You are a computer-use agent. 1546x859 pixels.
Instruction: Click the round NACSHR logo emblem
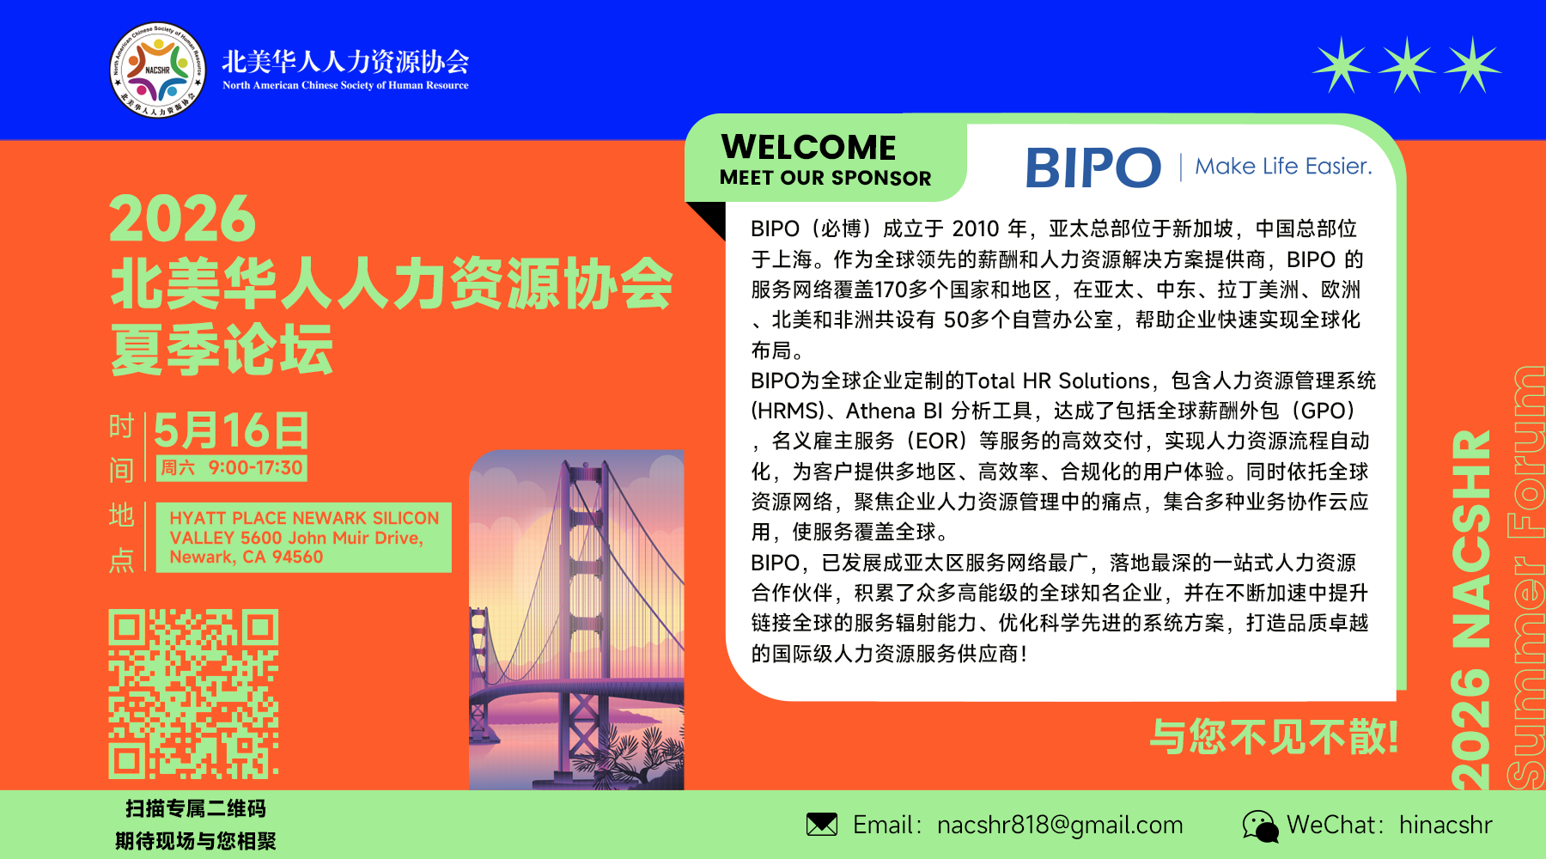(158, 70)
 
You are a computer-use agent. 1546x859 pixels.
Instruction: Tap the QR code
(193, 693)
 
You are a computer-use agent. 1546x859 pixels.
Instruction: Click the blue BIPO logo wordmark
(1093, 167)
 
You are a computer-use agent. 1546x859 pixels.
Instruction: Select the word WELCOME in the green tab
(808, 147)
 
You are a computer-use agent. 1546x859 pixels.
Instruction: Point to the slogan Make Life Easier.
(1283, 166)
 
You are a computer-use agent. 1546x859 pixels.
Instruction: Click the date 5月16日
(231, 430)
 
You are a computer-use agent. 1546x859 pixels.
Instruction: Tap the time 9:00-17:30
(256, 468)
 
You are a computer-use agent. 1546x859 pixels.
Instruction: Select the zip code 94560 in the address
(297, 557)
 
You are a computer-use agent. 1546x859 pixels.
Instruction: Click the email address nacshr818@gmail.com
(1060, 825)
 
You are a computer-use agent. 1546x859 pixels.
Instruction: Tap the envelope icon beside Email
(822, 825)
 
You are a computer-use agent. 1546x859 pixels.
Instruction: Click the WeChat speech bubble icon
(1260, 825)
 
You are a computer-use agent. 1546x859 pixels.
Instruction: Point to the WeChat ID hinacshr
(1446, 825)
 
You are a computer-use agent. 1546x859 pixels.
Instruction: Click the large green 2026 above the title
(183, 219)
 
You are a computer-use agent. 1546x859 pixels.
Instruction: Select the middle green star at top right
(1407, 64)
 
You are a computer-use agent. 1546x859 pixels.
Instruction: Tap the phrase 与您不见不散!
(1275, 737)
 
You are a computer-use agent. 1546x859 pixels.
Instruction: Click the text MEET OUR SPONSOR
(825, 178)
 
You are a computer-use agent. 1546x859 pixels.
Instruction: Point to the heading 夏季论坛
(222, 350)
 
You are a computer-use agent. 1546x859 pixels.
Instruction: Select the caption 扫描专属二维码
(196, 808)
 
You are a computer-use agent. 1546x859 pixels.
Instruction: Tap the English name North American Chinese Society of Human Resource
(345, 85)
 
